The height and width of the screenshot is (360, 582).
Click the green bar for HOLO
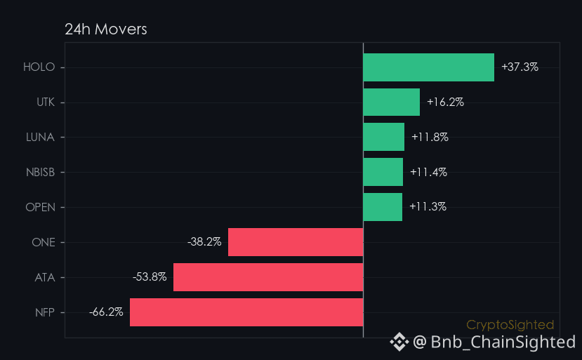(x=429, y=67)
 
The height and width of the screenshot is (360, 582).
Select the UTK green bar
(x=392, y=102)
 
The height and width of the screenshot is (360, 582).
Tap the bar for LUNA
(x=384, y=137)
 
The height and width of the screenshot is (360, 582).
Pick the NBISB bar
(x=383, y=172)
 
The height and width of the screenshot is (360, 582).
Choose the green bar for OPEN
(x=383, y=207)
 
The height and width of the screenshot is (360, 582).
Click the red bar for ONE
(x=296, y=242)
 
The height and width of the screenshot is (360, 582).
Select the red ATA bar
(x=268, y=277)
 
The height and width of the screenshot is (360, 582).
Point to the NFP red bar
(x=246, y=312)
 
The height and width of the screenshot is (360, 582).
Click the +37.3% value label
(x=520, y=67)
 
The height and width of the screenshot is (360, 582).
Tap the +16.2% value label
(x=445, y=102)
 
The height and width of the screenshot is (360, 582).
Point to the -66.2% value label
(x=106, y=312)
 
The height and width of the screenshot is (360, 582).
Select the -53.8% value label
(x=150, y=277)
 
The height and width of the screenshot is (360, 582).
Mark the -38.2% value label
(x=204, y=242)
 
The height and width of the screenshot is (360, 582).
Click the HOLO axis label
(x=39, y=67)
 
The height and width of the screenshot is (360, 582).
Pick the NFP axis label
(x=45, y=312)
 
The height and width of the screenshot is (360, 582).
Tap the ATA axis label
(x=45, y=278)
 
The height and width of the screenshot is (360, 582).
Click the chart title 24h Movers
(x=106, y=29)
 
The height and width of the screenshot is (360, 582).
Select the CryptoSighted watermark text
(x=510, y=325)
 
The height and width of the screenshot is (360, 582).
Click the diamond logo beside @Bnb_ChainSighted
(x=399, y=342)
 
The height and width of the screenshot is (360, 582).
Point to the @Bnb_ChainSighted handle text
(x=494, y=342)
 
